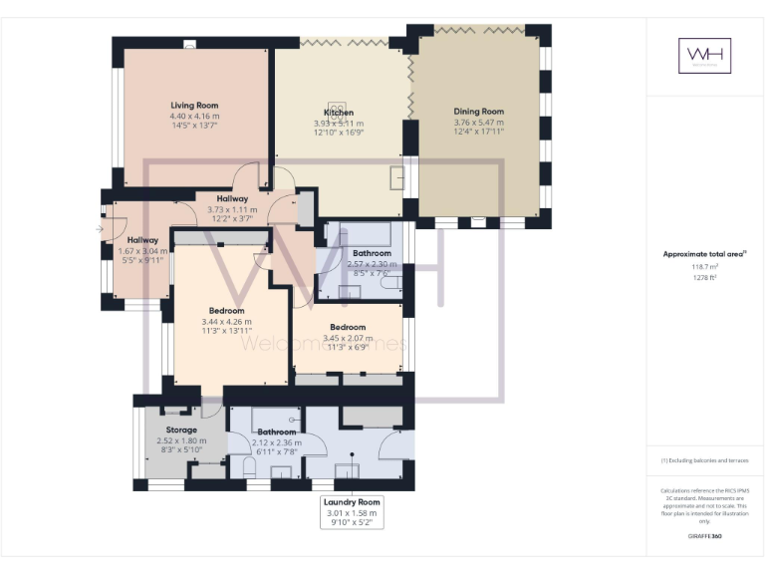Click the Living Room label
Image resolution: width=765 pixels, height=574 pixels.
(194, 105)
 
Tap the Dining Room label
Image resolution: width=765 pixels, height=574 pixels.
(478, 112)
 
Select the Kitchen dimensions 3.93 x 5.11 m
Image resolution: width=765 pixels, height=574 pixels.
(339, 123)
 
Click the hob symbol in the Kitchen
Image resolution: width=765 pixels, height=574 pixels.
(339, 106)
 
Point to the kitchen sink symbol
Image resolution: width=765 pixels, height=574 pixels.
(398, 176)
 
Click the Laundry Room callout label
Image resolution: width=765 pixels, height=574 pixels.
(353, 502)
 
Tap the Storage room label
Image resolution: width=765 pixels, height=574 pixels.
(181, 430)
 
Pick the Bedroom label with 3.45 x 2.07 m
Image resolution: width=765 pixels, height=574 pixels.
(348, 327)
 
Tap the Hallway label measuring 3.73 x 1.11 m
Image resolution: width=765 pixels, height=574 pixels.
(232, 209)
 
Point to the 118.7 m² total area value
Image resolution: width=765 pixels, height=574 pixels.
(704, 267)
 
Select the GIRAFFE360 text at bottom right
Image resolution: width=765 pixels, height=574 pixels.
(704, 536)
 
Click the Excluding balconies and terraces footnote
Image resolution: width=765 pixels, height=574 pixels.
(704, 460)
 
